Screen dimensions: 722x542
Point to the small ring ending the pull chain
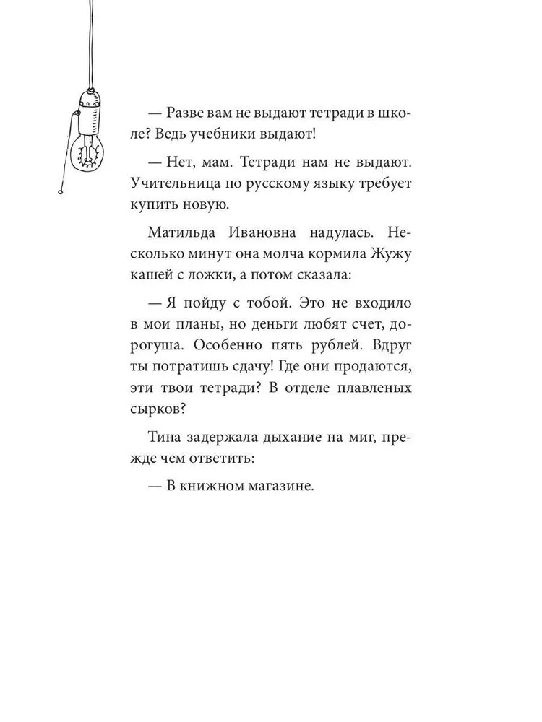pos(61,192)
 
